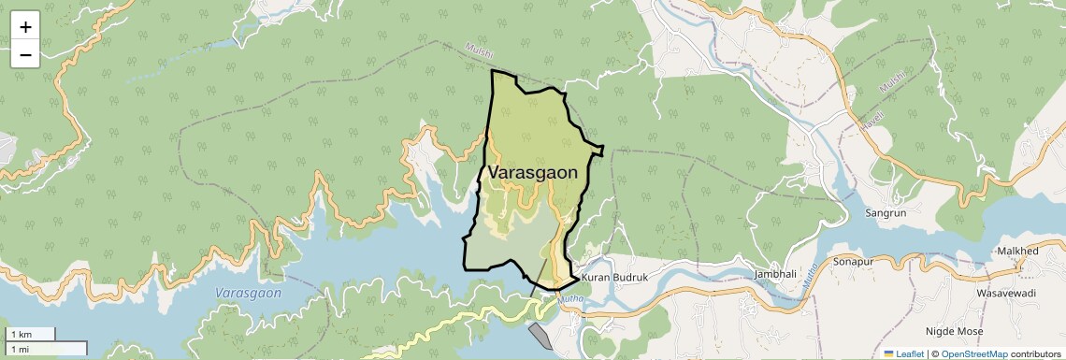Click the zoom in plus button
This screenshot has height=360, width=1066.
[25, 27]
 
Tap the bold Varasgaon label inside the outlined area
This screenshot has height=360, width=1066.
[532, 173]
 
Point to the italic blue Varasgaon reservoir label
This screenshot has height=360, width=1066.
[248, 293]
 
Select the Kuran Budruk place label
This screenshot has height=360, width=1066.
[614, 278]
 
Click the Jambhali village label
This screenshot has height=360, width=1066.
[775, 274]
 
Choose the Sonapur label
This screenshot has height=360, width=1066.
[853, 262]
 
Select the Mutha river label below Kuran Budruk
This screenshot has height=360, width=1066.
[569, 300]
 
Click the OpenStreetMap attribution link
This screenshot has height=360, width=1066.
[973, 353]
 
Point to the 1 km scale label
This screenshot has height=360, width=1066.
[21, 334]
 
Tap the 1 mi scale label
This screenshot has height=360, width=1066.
[19, 349]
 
